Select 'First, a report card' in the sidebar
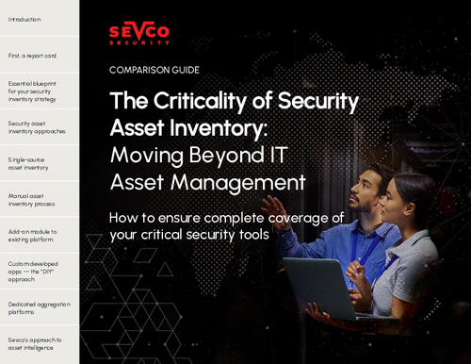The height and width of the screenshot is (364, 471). [x=31, y=57]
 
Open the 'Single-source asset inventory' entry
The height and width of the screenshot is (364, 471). [x=29, y=165]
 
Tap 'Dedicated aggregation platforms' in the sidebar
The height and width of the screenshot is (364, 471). [x=36, y=308]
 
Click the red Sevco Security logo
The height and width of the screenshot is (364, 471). [x=140, y=35]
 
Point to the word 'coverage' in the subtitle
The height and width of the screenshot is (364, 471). [x=294, y=217]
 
